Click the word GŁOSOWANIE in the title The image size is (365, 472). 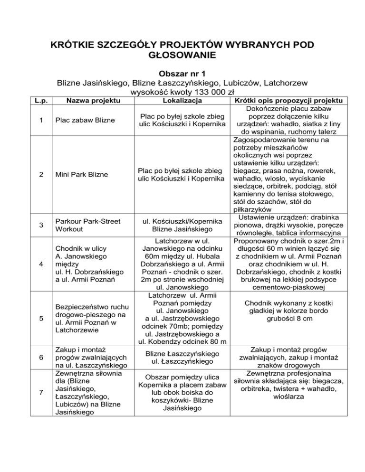(182, 56)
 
